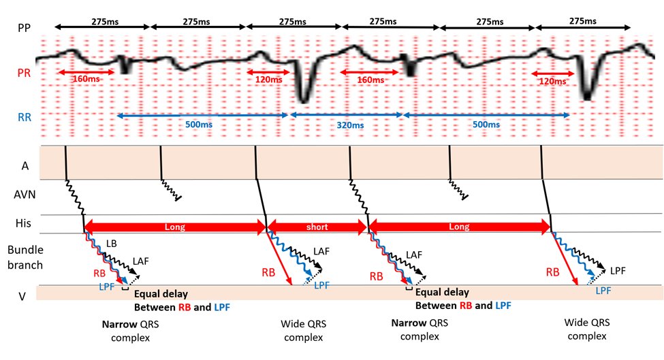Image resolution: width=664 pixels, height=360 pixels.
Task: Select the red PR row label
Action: [x=24, y=71]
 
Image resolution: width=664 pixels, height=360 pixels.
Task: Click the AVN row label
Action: [x=25, y=195]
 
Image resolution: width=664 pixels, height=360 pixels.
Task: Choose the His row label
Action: [x=24, y=223]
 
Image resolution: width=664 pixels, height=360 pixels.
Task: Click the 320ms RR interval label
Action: [x=347, y=125]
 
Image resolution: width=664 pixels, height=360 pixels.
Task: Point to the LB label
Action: [x=112, y=243]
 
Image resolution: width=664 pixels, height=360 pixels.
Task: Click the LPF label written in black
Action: [x=616, y=270]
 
